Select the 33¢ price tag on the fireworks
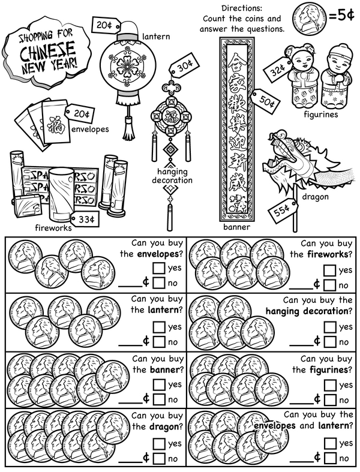coord(85,220)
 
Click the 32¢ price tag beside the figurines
coord(278,71)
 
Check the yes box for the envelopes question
coord(159,268)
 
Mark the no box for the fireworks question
coord(329,285)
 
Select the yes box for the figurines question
coord(329,384)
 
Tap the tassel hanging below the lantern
coord(128,126)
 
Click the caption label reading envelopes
coord(89,128)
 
